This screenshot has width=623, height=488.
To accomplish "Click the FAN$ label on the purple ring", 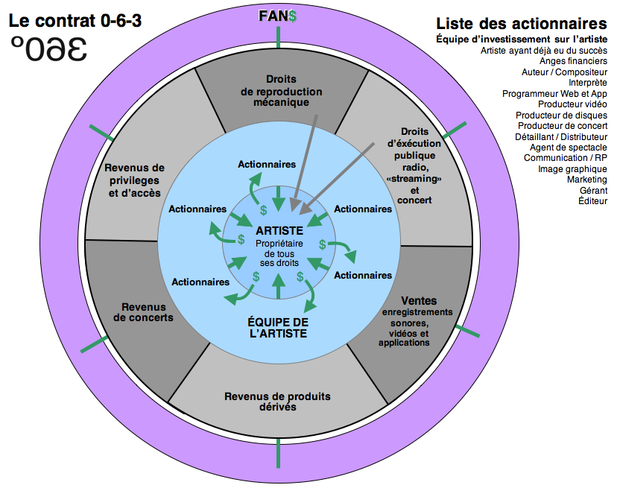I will (x=278, y=16).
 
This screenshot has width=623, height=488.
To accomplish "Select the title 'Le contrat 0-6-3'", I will (x=75, y=19).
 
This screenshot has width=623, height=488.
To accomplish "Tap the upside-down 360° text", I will (x=49, y=49).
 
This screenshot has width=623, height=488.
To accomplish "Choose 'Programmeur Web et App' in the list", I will (x=554, y=94).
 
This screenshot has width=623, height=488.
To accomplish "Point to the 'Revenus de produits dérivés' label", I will (x=277, y=402).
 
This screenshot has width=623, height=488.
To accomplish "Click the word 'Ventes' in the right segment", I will (x=419, y=300).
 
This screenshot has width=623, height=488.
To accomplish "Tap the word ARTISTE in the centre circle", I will (x=279, y=231).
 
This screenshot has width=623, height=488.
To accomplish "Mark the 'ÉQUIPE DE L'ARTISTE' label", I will (x=277, y=329).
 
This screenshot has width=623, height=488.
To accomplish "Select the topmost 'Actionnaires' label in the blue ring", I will (x=267, y=164).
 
